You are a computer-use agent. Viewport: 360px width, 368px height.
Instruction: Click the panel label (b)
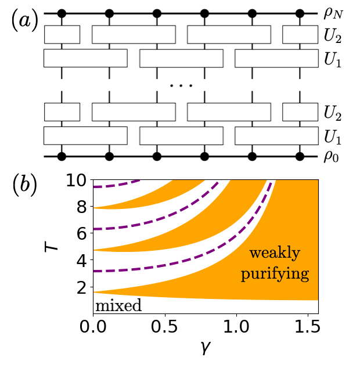24,184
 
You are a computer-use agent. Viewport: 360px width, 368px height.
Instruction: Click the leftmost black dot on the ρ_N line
62,13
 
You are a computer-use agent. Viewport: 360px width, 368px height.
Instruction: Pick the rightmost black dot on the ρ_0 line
300,156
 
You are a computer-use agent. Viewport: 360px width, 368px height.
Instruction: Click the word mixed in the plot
118,305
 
